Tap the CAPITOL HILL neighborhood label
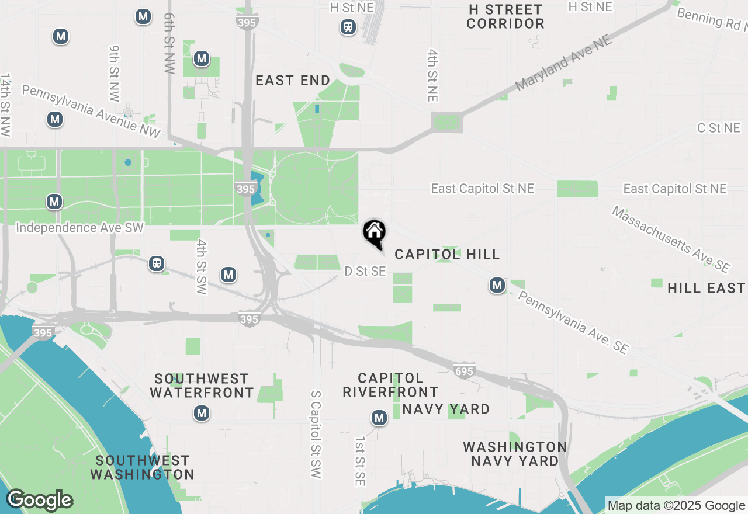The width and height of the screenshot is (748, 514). (447, 254)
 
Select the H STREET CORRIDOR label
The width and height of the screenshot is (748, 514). (505, 17)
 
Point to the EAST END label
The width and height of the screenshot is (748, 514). (293, 81)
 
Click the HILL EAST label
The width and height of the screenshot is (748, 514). (706, 288)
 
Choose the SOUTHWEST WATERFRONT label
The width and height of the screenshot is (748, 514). (202, 385)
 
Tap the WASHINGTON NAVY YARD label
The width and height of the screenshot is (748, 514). (515, 454)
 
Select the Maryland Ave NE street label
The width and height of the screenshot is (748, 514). (563, 63)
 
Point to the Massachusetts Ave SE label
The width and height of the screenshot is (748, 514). (670, 239)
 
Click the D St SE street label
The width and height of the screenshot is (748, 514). (365, 271)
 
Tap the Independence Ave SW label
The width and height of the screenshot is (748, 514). (79, 227)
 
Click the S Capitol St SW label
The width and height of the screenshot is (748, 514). (316, 435)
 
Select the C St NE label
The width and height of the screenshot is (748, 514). (718, 128)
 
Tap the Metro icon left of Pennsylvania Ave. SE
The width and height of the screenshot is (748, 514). (497, 285)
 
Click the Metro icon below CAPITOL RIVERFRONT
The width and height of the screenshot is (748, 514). (379, 418)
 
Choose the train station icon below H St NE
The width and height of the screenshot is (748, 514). (348, 27)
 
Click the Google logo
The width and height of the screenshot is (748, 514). (39, 501)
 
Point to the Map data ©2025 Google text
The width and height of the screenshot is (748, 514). (676, 506)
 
